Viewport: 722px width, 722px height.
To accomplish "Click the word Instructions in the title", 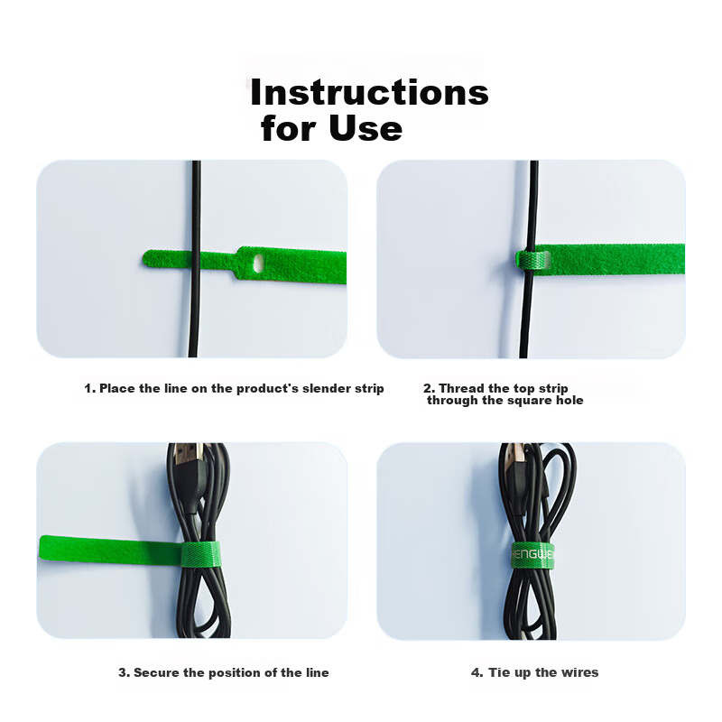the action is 369,92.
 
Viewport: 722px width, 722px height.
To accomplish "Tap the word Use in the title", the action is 366,128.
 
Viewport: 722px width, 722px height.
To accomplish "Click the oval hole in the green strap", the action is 259,263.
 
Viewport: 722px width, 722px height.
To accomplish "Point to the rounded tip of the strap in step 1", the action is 145,258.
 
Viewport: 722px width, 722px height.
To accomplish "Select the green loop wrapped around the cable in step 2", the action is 533,260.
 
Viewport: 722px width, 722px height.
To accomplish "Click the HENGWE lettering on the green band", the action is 532,554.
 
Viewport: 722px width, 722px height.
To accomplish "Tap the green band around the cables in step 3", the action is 200,555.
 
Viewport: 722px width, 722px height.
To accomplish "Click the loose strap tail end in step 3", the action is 42,548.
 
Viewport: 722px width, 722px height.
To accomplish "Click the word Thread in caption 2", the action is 461,388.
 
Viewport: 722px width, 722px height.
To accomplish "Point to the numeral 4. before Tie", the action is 477,672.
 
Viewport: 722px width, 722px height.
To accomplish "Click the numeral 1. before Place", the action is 90,389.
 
